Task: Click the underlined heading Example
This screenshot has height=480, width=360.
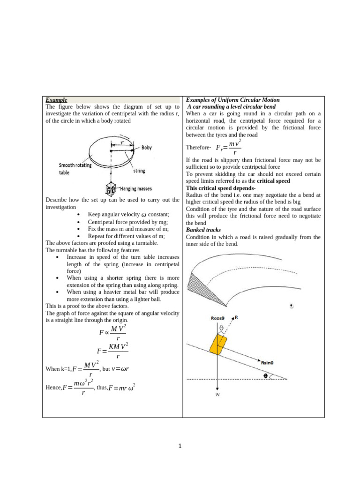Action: coord(56,100)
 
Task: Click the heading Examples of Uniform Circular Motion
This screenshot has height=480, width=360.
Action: coord(232,100)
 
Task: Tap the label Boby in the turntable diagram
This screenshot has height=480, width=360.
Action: coord(147,148)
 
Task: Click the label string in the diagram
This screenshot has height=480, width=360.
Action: coord(139,171)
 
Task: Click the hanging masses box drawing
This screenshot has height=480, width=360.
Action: coord(111,188)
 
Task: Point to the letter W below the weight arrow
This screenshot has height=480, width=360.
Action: coord(218,395)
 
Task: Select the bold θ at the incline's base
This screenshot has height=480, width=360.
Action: coord(267,375)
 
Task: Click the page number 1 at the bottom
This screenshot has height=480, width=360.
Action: coord(180,446)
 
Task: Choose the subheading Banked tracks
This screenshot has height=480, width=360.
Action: coord(203,230)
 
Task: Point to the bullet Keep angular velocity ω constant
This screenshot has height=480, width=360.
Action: coord(128,214)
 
